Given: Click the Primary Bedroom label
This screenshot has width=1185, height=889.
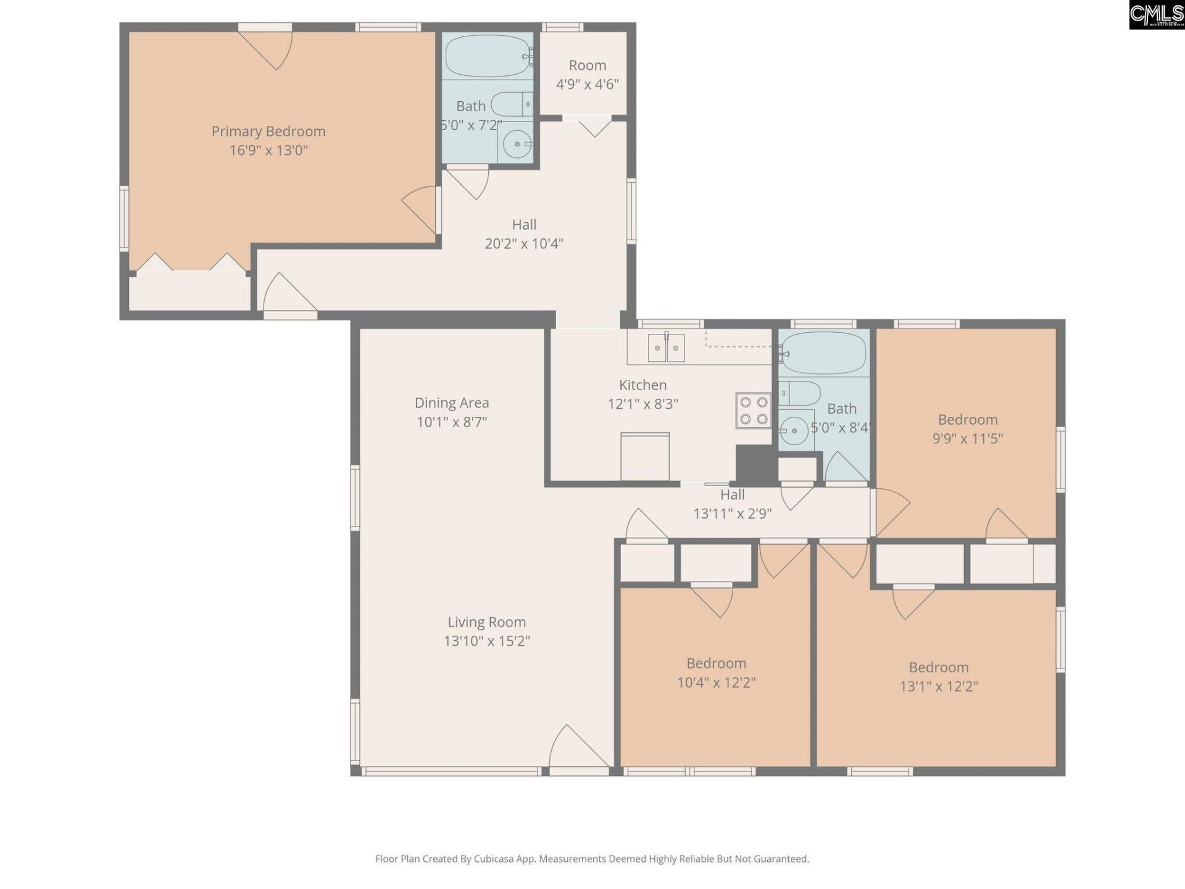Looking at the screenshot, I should (268, 131).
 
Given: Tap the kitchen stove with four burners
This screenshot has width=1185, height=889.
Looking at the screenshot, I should (754, 411).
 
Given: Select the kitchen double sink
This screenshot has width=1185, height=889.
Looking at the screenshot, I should (667, 349).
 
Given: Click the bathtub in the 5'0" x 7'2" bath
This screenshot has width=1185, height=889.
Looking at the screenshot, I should (488, 56).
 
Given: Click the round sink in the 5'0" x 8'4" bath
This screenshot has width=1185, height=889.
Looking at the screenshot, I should (794, 430).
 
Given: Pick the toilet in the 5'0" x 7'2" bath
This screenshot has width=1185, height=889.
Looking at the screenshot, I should (512, 104).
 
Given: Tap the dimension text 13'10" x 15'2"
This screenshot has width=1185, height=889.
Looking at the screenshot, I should (486, 641).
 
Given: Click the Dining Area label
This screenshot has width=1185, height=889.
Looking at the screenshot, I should (451, 403).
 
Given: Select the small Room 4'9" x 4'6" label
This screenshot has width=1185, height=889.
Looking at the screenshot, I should (587, 65).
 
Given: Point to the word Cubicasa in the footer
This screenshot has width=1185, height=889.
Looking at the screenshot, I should (493, 859).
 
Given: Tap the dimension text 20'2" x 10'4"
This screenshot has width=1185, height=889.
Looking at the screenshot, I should (523, 244).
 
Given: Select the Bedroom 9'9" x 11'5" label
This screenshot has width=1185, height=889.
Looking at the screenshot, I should (967, 420).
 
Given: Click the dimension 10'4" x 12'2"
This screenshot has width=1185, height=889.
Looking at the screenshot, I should (716, 682).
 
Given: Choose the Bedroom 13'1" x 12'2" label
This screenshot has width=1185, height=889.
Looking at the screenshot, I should (938, 667).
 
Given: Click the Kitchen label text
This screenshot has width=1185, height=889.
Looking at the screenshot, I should (642, 385).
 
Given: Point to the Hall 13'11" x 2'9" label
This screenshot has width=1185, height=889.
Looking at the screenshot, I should (732, 495).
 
